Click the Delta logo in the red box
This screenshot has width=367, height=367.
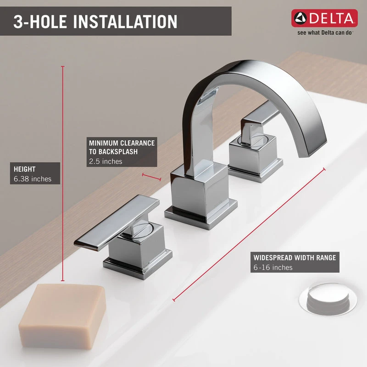tap(324, 18)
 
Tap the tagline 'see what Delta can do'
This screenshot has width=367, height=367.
tap(324, 33)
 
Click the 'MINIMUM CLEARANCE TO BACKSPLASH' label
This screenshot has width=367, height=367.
tap(122, 147)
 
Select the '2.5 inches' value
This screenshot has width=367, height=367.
tap(106, 161)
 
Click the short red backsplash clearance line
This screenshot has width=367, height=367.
tap(151, 177)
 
